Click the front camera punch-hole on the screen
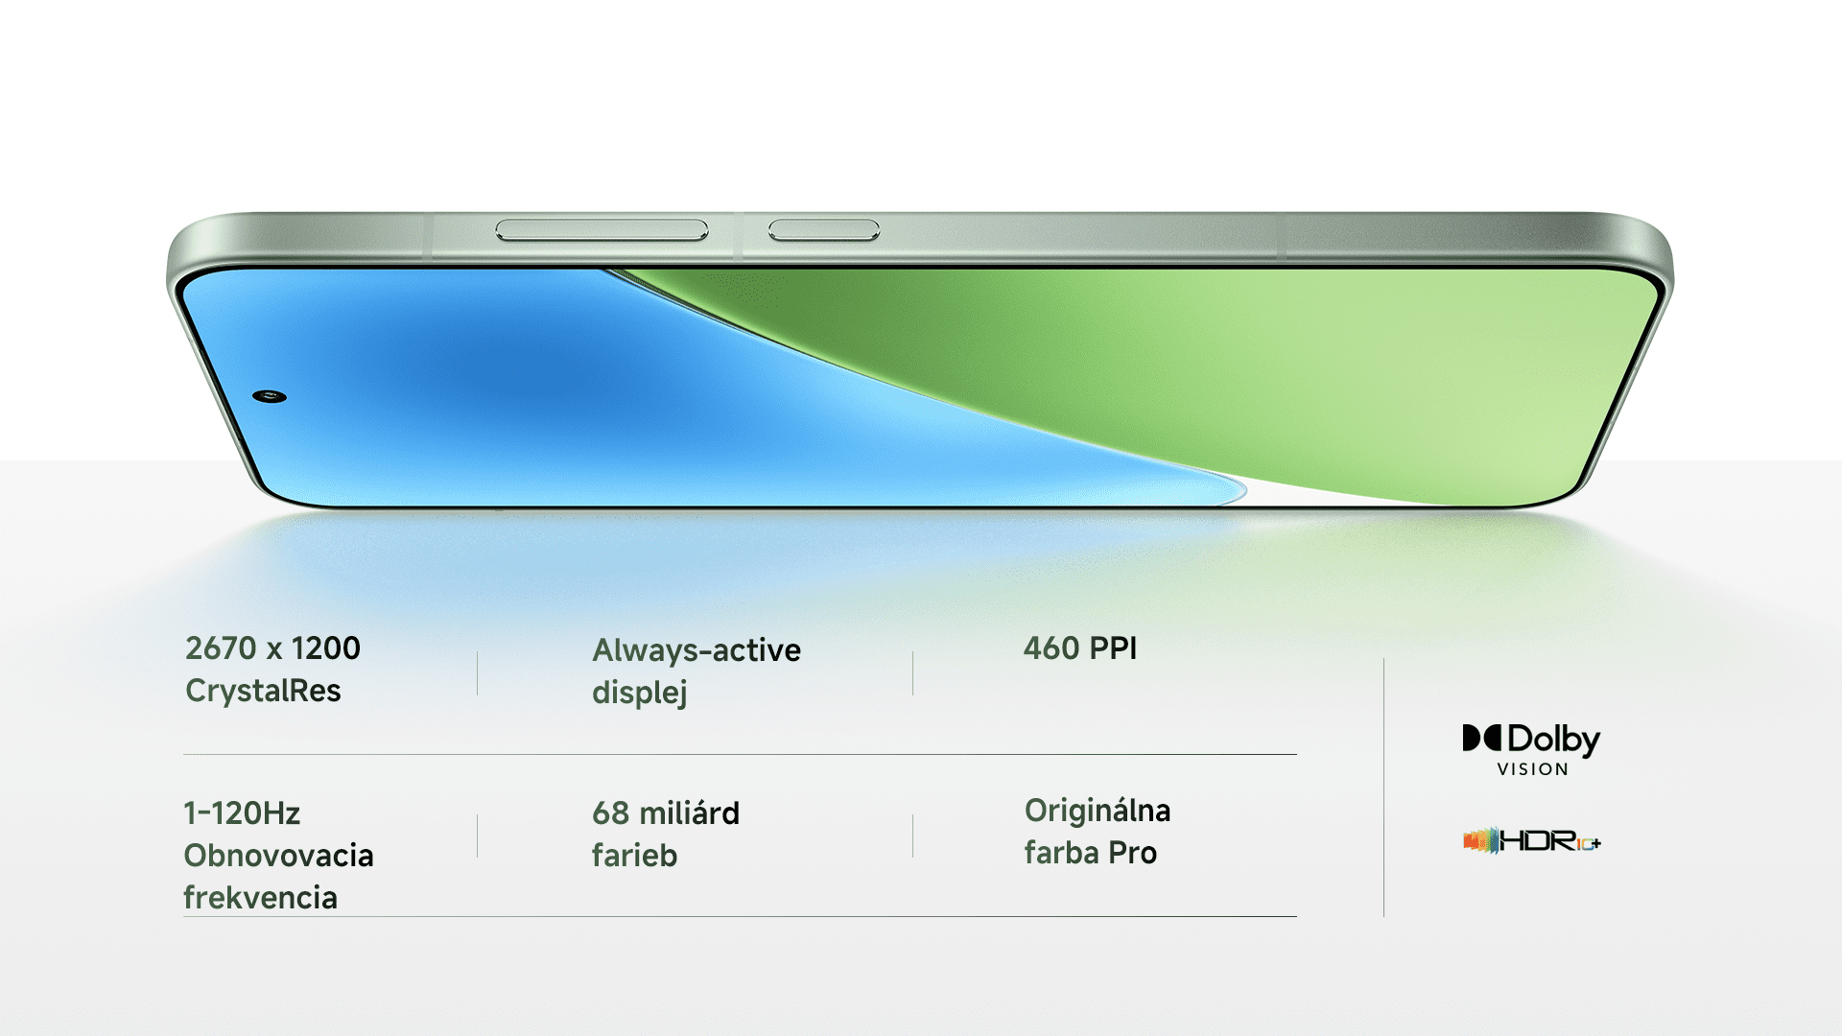(x=270, y=396)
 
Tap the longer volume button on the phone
(x=602, y=230)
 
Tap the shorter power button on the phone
(x=824, y=230)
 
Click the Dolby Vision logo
(x=1531, y=750)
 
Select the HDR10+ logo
(x=1531, y=841)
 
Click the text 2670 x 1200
(x=272, y=648)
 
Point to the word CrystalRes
(x=263, y=691)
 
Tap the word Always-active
(x=697, y=650)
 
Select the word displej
(x=640, y=693)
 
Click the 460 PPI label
(x=1080, y=648)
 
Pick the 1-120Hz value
(x=242, y=813)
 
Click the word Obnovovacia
(x=278, y=856)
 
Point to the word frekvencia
(x=260, y=898)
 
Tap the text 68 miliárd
(x=666, y=813)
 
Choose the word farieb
(x=634, y=856)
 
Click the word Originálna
(x=1098, y=812)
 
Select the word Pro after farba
(x=1132, y=853)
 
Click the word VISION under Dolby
(x=1533, y=769)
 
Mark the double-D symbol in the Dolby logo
(x=1481, y=738)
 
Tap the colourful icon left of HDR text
(x=1480, y=841)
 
